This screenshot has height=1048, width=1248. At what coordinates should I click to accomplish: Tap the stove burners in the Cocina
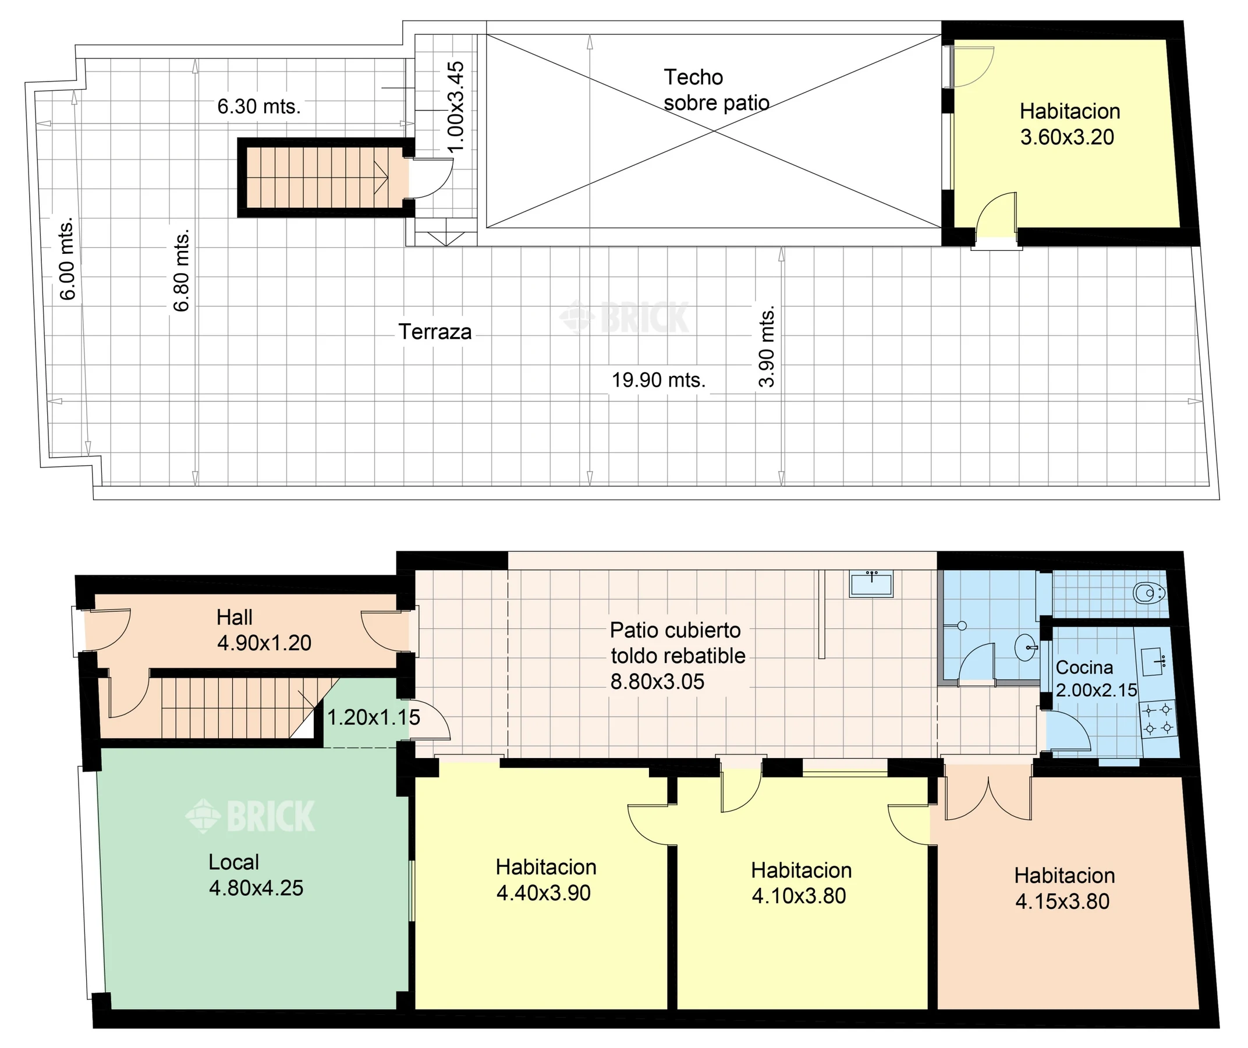[1158, 718]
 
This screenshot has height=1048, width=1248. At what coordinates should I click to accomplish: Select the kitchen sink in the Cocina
[1154, 661]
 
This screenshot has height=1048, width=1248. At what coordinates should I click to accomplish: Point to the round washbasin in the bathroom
[1026, 647]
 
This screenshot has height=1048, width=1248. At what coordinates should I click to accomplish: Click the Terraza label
[435, 332]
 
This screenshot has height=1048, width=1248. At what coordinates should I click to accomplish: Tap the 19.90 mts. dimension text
[658, 380]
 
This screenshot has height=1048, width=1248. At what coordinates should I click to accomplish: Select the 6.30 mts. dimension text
[258, 107]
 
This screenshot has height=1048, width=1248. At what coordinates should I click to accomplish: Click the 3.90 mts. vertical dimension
[767, 346]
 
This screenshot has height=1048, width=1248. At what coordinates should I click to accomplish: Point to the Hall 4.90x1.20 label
[264, 630]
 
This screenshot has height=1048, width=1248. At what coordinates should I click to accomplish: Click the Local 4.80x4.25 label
[256, 875]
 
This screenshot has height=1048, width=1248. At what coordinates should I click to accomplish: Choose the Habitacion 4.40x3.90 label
[545, 880]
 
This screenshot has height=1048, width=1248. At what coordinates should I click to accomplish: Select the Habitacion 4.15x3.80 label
[1064, 888]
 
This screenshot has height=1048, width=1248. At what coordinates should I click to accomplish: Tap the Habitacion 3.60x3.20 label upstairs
[1070, 124]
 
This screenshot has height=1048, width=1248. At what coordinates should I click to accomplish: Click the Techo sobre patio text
[716, 90]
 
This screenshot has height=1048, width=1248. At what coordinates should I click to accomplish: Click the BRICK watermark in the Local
[250, 816]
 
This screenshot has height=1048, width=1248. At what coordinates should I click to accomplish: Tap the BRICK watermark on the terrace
[624, 317]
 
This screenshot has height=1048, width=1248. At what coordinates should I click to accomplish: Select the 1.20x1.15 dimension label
[373, 717]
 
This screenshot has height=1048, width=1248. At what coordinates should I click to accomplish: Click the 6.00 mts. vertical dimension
[67, 259]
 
